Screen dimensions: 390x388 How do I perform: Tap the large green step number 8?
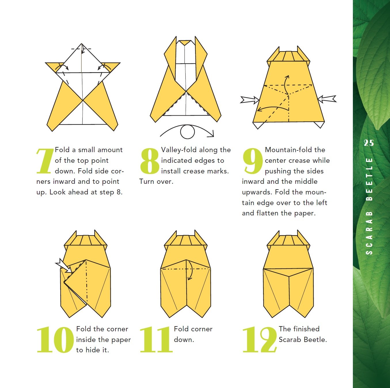pos(150,161)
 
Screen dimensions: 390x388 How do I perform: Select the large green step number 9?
pos(253,161)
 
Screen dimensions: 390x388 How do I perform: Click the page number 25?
pos(369,143)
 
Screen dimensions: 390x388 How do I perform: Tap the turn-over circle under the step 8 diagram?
pos(187,132)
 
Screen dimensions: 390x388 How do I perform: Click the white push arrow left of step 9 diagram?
pos(250,100)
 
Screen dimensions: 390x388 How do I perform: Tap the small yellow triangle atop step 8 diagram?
pos(185,43)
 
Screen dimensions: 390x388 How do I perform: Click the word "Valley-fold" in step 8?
pos(179,150)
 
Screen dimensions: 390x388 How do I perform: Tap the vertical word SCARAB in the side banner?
pos(369,232)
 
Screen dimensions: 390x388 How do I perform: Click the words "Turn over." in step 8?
pos(156,181)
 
